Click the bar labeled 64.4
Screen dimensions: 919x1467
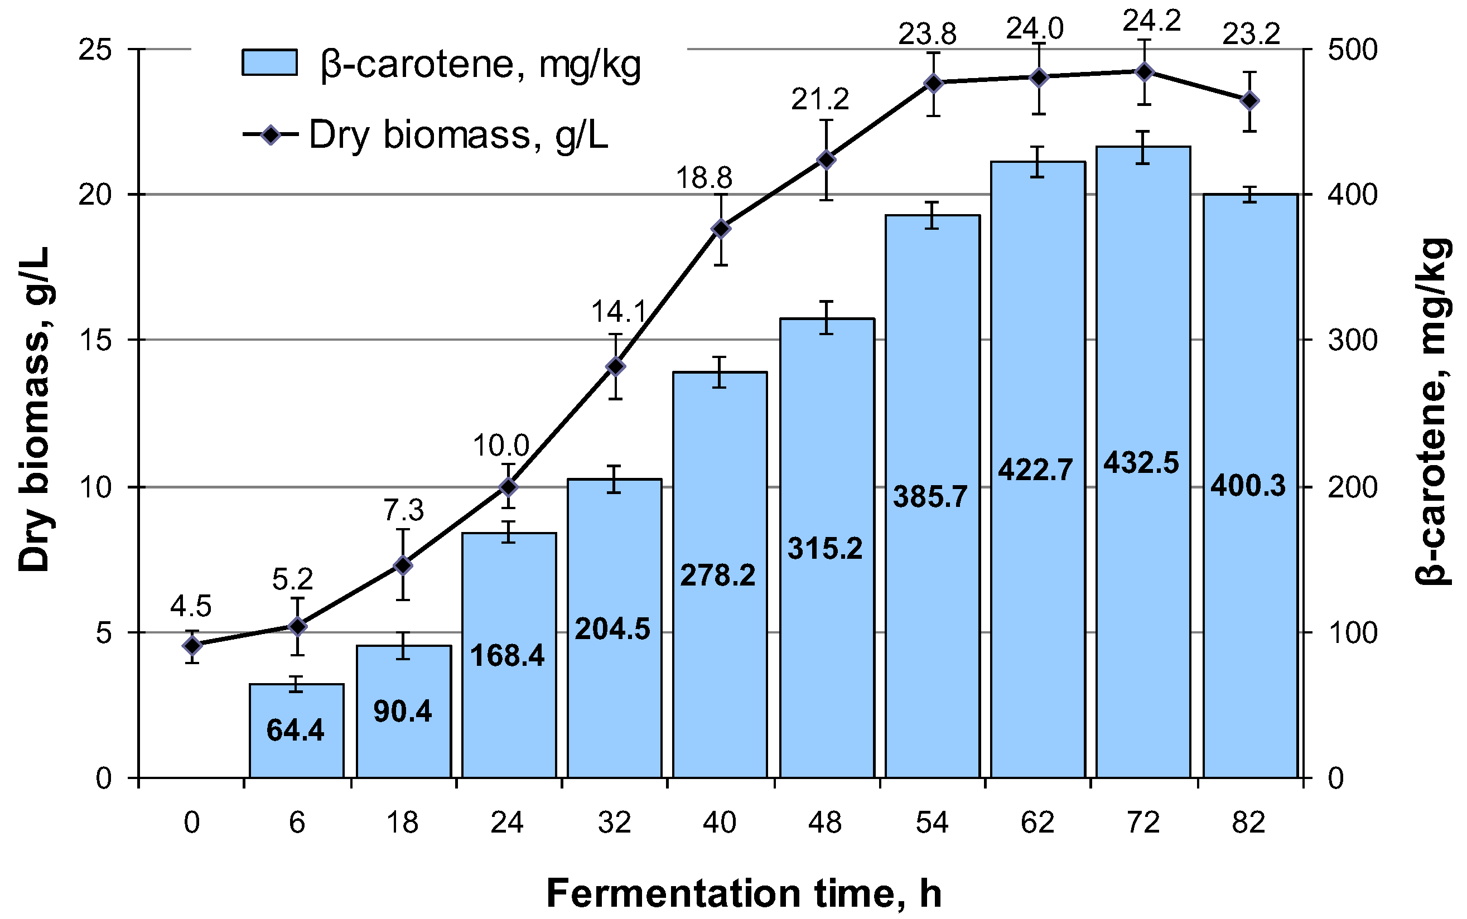[296, 730]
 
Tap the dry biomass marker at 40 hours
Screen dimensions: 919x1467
[721, 229]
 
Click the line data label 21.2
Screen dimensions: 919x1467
[819, 99]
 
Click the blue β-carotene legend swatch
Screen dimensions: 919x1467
[269, 62]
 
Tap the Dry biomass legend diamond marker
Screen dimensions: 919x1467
[270, 134]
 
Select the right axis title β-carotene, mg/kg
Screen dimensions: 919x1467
[1432, 412]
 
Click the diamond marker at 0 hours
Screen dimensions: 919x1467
[192, 645]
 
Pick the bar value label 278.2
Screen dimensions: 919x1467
[717, 575]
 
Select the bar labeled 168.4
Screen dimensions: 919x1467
[509, 654]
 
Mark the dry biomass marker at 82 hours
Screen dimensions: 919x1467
[1249, 101]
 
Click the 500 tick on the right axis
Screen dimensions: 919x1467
[1352, 49]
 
